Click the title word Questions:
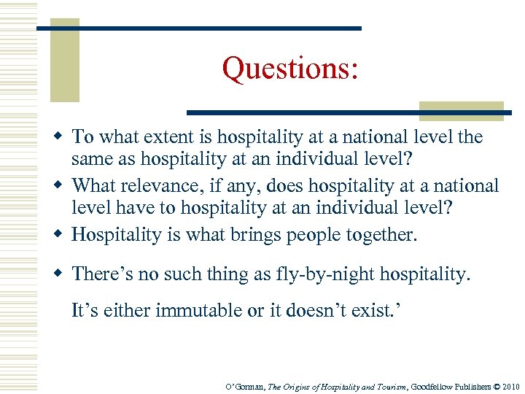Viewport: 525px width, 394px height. (x=290, y=69)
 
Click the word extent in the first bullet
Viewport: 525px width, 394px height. (x=175, y=136)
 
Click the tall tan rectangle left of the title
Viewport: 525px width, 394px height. (x=64, y=62)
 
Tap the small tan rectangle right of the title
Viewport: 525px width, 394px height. (x=461, y=110)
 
